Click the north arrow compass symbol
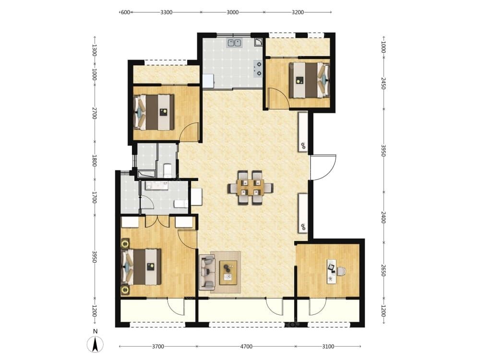(x=95, y=344)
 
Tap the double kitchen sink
(x=235, y=43)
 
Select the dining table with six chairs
(x=250, y=187)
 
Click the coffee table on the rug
(x=228, y=273)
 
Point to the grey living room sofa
(x=207, y=272)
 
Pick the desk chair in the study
(x=341, y=271)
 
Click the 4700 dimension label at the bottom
(x=246, y=347)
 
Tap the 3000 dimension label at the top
(x=232, y=12)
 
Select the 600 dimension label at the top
(x=125, y=12)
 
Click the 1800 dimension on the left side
(x=95, y=160)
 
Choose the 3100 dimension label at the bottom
(x=328, y=347)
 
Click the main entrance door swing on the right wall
(x=323, y=168)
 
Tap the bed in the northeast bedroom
(x=309, y=80)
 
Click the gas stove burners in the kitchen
(x=258, y=69)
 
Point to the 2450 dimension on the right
(x=383, y=83)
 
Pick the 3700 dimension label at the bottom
(x=158, y=347)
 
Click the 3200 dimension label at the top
(x=298, y=12)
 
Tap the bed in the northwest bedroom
(x=154, y=112)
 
